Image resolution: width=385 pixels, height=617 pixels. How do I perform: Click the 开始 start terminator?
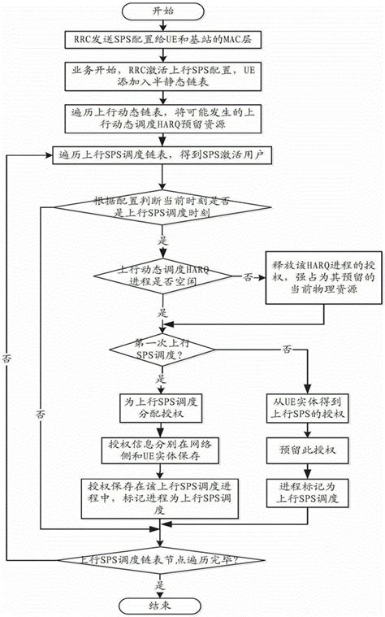[x=163, y=14]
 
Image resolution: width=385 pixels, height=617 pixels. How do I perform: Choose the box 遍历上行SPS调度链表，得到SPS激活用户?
[x=163, y=154]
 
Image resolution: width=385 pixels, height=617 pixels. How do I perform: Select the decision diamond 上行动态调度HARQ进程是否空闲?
[x=163, y=276]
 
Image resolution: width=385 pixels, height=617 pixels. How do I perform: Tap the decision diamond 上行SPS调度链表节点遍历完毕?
[x=163, y=561]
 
